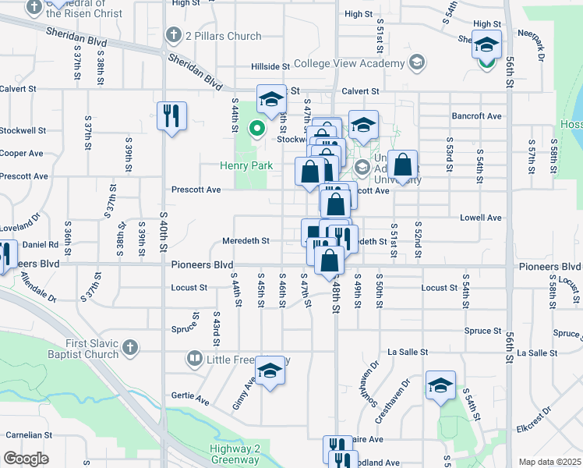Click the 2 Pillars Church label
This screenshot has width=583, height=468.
(223, 36)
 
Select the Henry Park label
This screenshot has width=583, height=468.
(246, 165)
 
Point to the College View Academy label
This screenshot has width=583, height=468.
(350, 63)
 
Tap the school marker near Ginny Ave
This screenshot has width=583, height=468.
(270, 370)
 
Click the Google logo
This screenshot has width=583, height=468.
(26, 459)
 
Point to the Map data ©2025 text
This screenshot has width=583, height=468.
(549, 462)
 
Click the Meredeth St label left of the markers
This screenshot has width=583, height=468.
(246, 241)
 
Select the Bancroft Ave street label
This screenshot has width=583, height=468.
(477, 116)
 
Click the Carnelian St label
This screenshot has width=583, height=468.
(29, 434)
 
